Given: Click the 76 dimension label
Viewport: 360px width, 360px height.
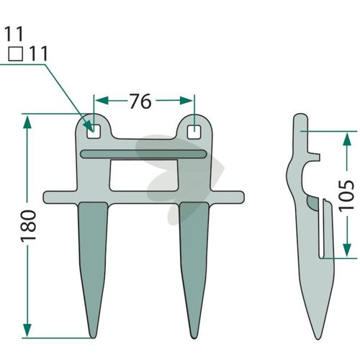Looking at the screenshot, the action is coord(140,101).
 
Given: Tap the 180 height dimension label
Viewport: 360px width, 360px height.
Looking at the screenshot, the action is coord(28,226).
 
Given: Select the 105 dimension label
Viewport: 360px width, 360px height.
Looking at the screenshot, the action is coord(346,196).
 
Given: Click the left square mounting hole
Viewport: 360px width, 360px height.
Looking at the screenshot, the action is coord(94,132).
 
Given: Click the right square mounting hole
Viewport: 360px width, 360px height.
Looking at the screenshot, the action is coord(194,132).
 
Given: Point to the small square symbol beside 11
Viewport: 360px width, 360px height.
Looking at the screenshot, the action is coord(16,54).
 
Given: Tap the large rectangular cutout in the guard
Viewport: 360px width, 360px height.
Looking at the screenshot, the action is coord(144,175).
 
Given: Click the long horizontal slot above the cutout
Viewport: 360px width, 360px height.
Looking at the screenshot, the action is coord(143,154).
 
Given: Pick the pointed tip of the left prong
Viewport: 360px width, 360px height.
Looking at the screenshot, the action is coord(93,338).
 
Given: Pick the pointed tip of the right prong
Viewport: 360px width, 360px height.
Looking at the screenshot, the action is coord(194,338).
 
